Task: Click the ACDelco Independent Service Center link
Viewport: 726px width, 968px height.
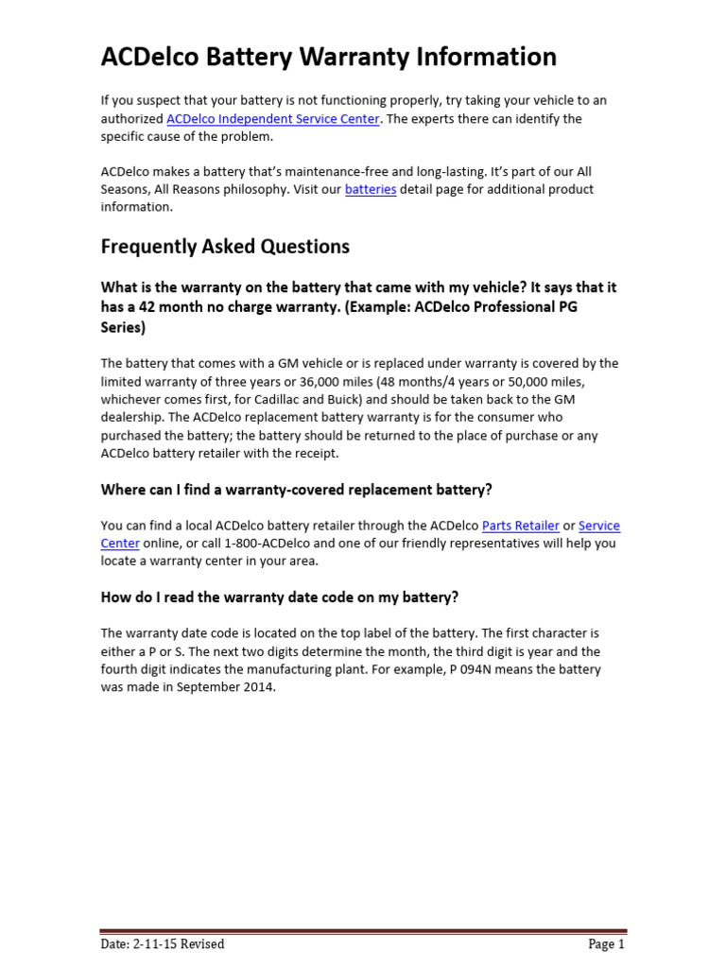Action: (273, 119)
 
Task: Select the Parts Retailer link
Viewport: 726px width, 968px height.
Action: (521, 526)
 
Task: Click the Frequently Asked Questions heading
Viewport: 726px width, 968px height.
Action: (225, 247)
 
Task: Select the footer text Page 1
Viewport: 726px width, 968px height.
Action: (606, 943)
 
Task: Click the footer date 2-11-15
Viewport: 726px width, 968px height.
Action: (152, 943)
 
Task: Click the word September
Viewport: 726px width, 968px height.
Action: (206, 687)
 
